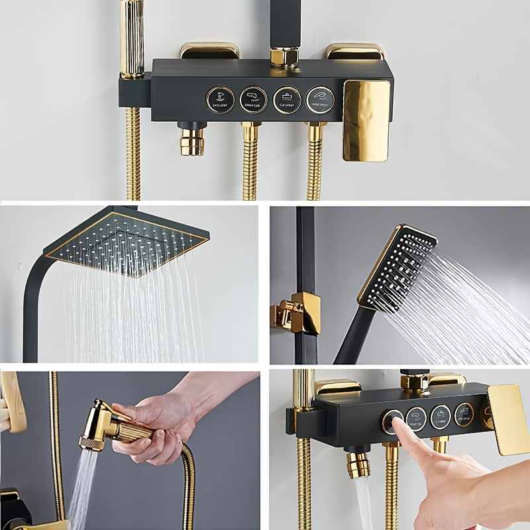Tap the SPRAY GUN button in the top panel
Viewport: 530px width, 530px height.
[x=253, y=99]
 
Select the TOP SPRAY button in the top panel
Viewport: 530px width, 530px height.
[x=287, y=99]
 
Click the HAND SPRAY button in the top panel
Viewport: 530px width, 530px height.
[x=320, y=99]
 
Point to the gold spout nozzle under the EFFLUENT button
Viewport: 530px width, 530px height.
[x=192, y=142]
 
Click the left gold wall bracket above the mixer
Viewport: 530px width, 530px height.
[x=209, y=50]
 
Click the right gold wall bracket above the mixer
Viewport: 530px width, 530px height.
[x=354, y=51]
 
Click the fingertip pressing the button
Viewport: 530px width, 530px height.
[x=398, y=424]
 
